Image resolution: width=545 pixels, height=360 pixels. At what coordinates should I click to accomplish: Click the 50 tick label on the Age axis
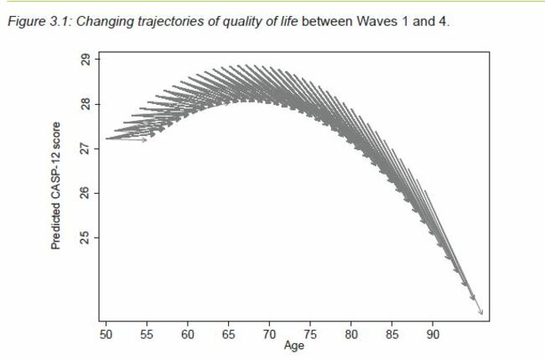tap(106, 334)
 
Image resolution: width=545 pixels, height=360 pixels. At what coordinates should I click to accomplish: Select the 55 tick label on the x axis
tap(147, 334)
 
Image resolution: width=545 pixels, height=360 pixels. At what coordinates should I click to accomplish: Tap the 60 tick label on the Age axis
tap(188, 334)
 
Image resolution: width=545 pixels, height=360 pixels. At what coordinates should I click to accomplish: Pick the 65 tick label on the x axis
tap(228, 334)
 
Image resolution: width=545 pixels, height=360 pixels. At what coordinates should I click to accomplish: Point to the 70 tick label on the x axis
tap(269, 334)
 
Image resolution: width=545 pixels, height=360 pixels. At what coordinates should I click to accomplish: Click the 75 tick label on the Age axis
tap(310, 334)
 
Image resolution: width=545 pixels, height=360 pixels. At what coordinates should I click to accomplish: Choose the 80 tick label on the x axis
tap(351, 334)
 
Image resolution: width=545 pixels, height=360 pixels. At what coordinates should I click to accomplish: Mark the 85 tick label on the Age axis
tap(392, 334)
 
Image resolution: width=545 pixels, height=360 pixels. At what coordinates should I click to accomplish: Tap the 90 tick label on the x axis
tap(433, 334)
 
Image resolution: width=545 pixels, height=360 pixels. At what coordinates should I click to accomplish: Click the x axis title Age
tap(293, 345)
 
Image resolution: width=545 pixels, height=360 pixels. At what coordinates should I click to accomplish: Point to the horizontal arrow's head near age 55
tap(146, 139)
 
